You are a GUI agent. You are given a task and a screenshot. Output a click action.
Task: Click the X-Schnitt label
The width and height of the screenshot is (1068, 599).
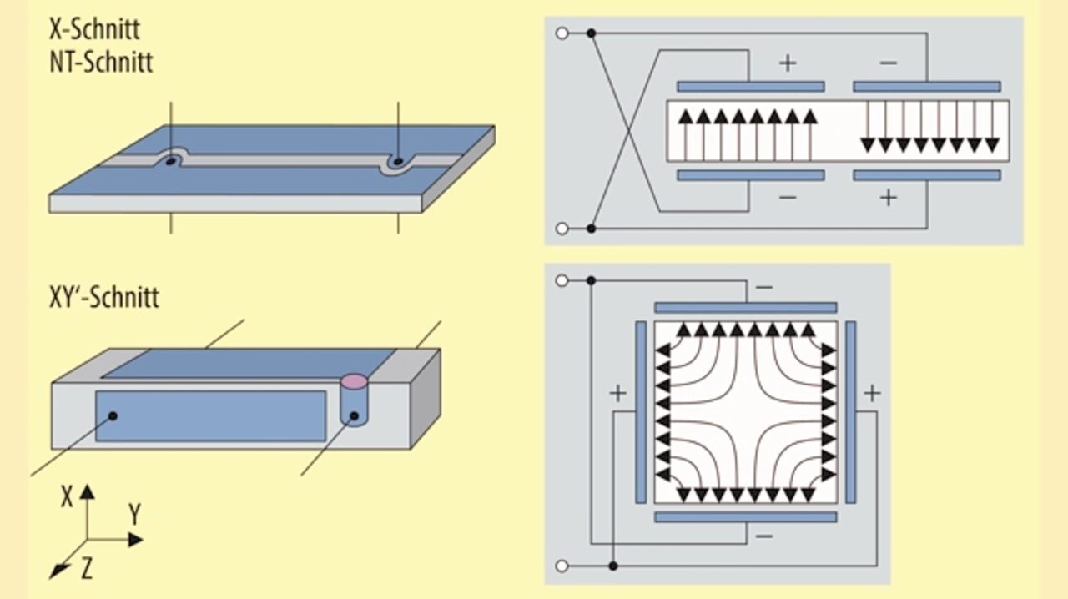coord(94,29)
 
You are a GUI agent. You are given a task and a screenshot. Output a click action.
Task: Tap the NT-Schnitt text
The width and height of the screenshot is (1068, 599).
coord(101,62)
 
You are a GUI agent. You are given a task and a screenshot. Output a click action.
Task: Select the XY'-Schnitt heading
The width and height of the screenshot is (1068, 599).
coord(104,297)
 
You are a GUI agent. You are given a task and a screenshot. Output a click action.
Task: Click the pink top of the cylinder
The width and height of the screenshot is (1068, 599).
coord(354,381)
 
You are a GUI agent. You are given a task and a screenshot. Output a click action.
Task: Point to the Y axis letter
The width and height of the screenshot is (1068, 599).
coord(135,514)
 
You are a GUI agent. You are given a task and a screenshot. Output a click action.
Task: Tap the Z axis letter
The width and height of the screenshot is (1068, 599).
coord(86,568)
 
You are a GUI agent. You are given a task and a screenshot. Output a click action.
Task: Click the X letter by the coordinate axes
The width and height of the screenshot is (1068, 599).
coord(67,497)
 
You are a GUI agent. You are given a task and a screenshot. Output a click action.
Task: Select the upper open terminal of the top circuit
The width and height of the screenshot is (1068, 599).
coord(562,33)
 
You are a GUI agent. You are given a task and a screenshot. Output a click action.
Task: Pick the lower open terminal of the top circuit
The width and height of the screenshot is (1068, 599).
coord(562,229)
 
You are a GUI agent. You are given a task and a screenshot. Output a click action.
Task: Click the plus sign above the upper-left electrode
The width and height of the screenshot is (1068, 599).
coord(788,63)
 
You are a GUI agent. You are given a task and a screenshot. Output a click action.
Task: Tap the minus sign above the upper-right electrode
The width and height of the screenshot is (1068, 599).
coord(888,63)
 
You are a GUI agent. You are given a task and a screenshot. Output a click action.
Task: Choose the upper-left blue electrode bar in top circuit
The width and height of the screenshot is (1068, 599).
coord(751,86)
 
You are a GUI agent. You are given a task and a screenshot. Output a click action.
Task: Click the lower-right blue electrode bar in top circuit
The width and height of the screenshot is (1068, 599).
coord(927,175)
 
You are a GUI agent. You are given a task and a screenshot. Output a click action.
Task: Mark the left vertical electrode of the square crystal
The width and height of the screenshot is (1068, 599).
coord(641,412)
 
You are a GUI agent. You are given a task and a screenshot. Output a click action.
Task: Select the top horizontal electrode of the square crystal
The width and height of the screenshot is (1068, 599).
coord(746,308)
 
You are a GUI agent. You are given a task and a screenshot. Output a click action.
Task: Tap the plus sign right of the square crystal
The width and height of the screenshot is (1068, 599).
coord(872,394)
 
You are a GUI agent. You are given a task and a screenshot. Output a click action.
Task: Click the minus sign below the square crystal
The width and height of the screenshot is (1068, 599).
coord(763,536)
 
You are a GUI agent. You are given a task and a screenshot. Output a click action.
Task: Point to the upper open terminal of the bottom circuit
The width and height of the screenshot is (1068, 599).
coord(562,280)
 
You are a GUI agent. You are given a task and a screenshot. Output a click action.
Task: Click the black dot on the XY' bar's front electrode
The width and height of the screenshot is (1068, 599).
coord(113,415)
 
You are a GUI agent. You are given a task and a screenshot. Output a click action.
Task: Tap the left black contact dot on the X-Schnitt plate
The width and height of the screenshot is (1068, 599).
coord(171,162)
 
